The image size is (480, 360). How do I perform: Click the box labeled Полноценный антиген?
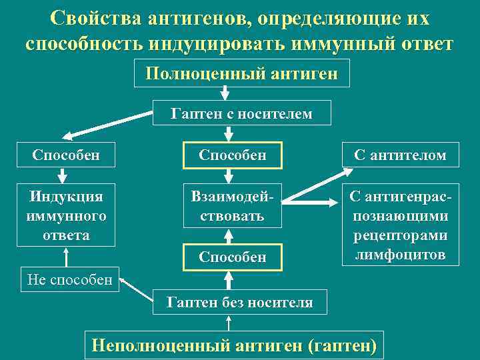click(241, 73)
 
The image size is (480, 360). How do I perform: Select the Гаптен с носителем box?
click(241, 114)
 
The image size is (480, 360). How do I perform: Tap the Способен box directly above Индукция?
click(66, 155)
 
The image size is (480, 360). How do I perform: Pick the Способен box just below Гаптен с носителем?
click(232, 155)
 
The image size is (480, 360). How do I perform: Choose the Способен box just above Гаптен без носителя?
click(232, 257)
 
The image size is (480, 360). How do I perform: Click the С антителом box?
click(401, 155)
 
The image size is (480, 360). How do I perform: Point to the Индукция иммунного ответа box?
click(66, 215)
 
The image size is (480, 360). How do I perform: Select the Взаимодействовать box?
click(232, 207)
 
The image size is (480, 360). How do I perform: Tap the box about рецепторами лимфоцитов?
click(401, 225)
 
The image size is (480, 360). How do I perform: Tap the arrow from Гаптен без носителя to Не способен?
click(137, 288)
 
